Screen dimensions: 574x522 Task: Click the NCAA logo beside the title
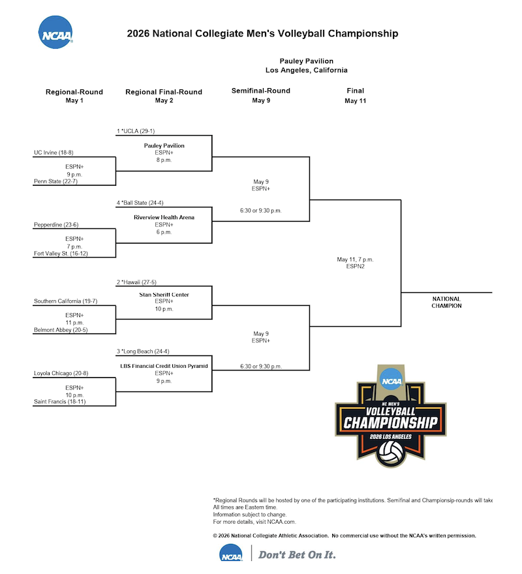(x=55, y=33)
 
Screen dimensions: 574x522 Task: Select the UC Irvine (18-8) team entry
(x=55, y=153)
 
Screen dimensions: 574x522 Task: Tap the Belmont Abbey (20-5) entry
(x=61, y=330)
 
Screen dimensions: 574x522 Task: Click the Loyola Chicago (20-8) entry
(x=61, y=374)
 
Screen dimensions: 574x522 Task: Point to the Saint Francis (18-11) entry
(x=60, y=402)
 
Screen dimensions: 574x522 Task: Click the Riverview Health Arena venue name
(x=164, y=217)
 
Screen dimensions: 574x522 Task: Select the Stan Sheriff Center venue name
(x=164, y=295)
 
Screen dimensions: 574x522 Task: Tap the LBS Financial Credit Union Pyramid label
(x=164, y=367)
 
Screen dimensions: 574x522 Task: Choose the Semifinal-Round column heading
(x=261, y=91)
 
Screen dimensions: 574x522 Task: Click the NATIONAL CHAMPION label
(x=447, y=302)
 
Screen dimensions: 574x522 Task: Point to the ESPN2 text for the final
(x=355, y=266)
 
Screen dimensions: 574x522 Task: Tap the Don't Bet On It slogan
(x=298, y=555)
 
